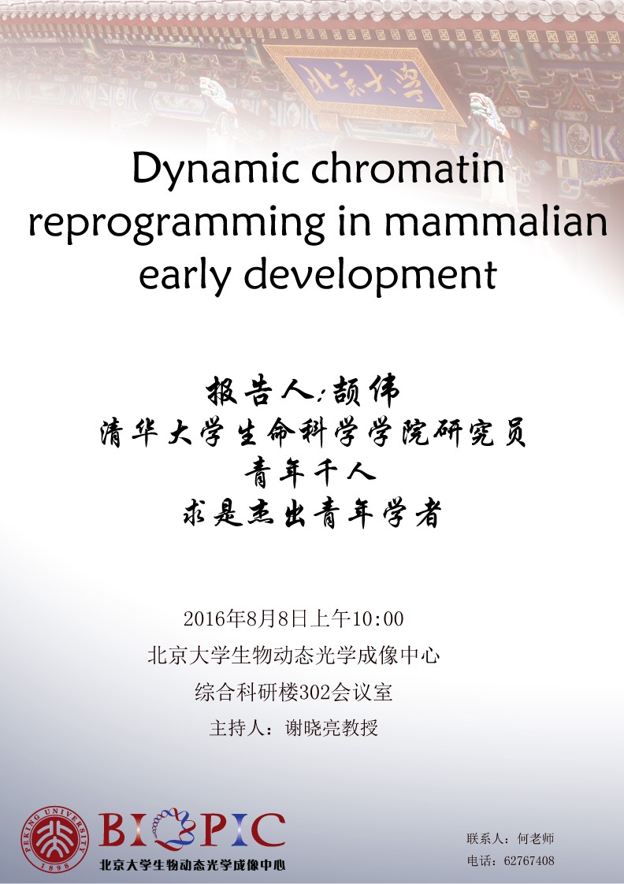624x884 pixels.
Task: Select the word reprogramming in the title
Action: pyautogui.click(x=176, y=224)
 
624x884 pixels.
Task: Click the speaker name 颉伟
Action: pyautogui.click(x=366, y=391)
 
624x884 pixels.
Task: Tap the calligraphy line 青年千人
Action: pyautogui.click(x=310, y=472)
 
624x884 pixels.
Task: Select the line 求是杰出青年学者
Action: pyautogui.click(x=311, y=514)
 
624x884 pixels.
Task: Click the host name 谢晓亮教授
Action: pyautogui.click(x=331, y=728)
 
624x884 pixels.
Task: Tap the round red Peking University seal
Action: pyautogui.click(x=55, y=839)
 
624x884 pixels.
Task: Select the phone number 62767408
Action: pyautogui.click(x=529, y=861)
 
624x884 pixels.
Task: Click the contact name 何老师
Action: pyautogui.click(x=536, y=839)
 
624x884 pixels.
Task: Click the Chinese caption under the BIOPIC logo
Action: pyautogui.click(x=192, y=864)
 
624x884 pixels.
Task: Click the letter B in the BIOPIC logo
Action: pyautogui.click(x=113, y=830)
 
